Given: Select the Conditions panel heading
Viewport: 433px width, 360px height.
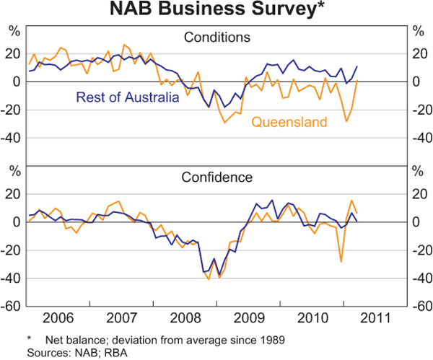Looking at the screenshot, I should click(x=216, y=37).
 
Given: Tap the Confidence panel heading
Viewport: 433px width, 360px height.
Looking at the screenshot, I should click(x=216, y=177).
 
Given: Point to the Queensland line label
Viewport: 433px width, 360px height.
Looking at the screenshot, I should click(x=289, y=122).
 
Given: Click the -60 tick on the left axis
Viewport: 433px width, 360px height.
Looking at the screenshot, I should click(x=12, y=306).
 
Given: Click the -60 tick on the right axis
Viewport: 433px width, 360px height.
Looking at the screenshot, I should click(x=420, y=306).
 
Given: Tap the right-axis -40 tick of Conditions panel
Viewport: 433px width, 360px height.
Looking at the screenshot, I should click(x=420, y=138).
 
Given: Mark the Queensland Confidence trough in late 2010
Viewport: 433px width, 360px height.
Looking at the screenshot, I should click(x=341, y=261).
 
